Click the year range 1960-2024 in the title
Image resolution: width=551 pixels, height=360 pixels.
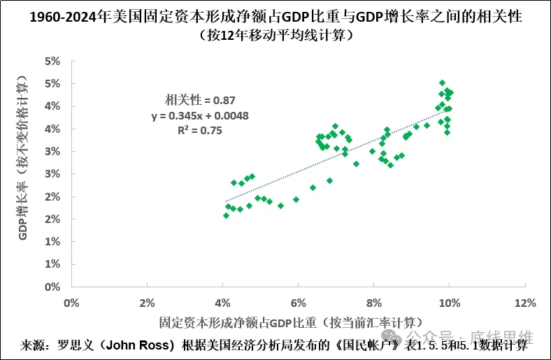68,15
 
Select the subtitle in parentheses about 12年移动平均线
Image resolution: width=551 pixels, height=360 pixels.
275,35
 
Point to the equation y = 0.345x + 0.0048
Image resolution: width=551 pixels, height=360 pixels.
200,115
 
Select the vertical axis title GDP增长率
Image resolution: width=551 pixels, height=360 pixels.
26,173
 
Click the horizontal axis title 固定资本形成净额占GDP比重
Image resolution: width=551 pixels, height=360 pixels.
290,322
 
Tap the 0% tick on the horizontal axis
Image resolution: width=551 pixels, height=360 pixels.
71,303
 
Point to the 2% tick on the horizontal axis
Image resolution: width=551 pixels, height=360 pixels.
147,303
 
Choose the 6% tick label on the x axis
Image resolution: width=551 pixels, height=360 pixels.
298,303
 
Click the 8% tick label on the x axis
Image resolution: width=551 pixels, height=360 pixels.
373,303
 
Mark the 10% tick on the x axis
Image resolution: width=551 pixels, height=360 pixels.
449,303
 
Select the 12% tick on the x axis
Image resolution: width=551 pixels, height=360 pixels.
524,303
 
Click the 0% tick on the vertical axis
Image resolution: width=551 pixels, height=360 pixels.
52,287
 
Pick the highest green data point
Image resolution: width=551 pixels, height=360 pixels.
442,83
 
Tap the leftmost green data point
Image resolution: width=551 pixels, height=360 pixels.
226,215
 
